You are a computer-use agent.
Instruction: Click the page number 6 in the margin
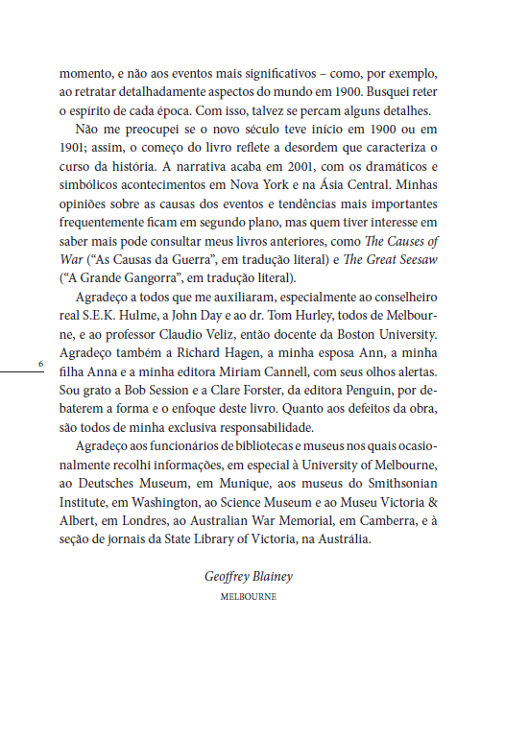(39, 364)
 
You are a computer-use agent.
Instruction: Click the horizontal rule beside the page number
(23, 371)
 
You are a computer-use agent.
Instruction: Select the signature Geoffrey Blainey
(249, 576)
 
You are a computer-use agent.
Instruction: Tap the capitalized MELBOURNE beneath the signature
(249, 596)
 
